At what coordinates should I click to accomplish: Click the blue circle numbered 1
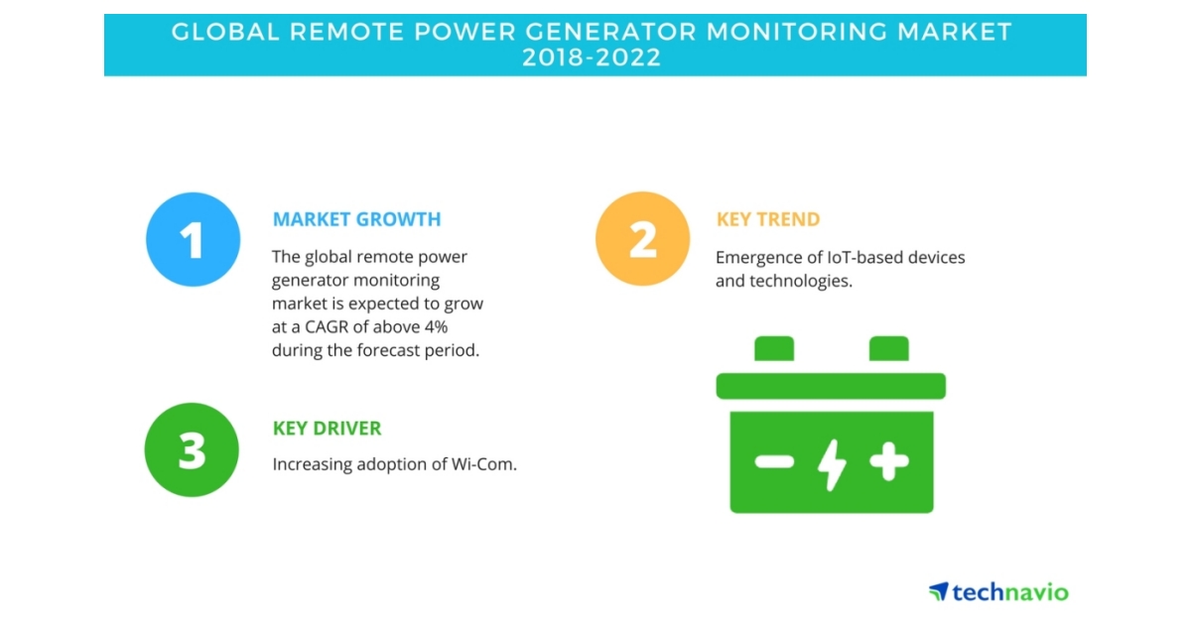click(x=193, y=239)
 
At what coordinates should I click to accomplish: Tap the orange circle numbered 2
click(x=642, y=239)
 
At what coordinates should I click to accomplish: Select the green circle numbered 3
click(x=193, y=449)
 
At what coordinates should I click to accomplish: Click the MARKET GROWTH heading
click(x=356, y=219)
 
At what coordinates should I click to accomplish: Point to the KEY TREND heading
click(x=767, y=219)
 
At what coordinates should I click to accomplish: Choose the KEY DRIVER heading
click(x=327, y=429)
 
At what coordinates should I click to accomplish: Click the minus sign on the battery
click(x=774, y=461)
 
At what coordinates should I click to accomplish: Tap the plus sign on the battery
click(x=888, y=460)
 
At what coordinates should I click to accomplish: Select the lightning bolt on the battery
click(x=832, y=462)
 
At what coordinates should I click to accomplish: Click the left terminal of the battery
click(x=774, y=349)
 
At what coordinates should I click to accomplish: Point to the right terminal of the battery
click(x=889, y=349)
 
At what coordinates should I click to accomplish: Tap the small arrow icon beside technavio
click(x=939, y=591)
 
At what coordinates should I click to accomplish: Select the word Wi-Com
click(x=485, y=463)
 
